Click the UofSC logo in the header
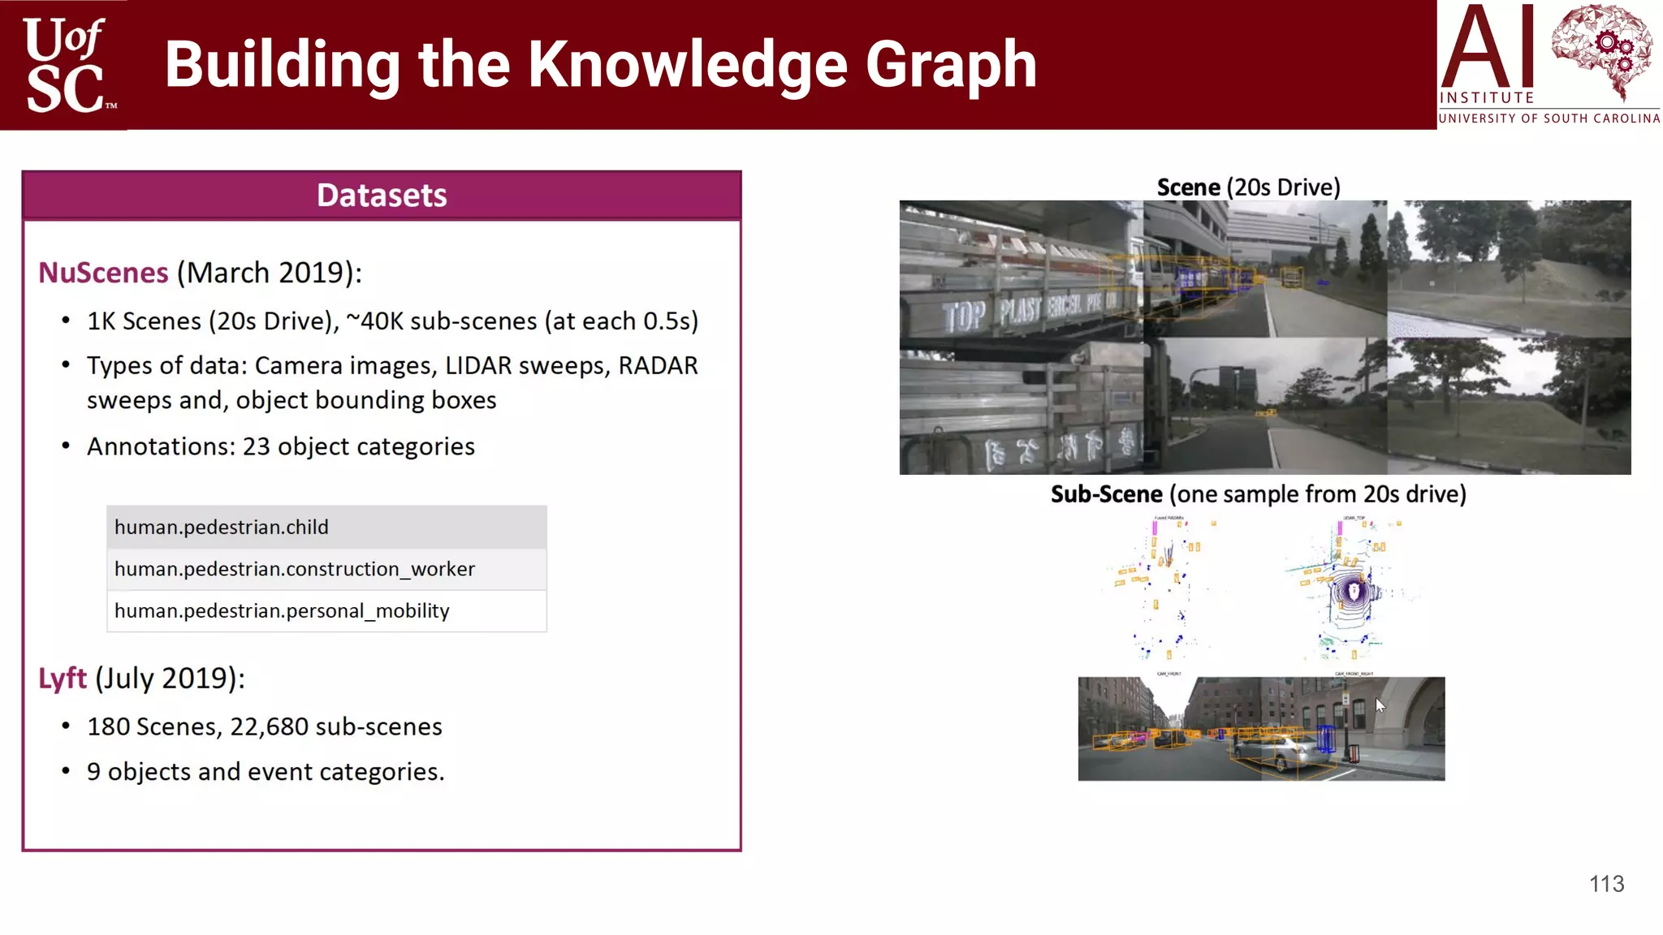[x=65, y=65]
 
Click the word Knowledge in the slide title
[x=688, y=65]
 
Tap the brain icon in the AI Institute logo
[x=1600, y=50]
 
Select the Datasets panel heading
[x=382, y=196]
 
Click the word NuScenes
[x=103, y=273]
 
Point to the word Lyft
[x=63, y=679]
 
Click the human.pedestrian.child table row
[x=326, y=528]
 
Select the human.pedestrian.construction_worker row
[x=326, y=569]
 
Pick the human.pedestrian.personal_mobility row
[x=326, y=611]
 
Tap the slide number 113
[x=1606, y=884]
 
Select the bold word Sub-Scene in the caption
[x=1106, y=494]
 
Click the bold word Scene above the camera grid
[x=1188, y=187]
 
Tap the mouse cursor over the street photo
[x=1380, y=704]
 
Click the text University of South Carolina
[x=1549, y=118]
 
